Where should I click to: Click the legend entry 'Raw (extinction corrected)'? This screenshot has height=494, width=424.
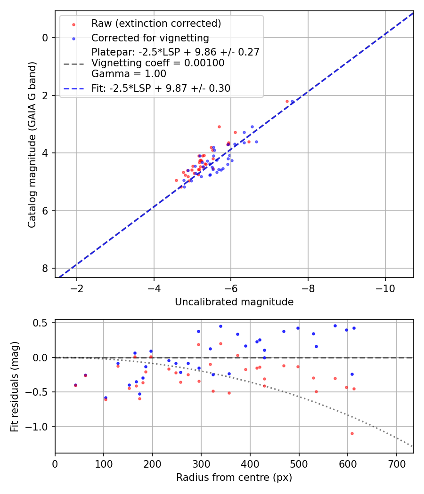pyautogui.click(x=156, y=24)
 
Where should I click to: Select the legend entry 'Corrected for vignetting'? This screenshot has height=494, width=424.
pyautogui.click(x=150, y=38)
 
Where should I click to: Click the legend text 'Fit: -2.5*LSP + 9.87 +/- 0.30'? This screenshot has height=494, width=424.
pyautogui.click(x=161, y=88)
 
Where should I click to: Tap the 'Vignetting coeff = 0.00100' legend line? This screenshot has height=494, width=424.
pyautogui.click(x=158, y=63)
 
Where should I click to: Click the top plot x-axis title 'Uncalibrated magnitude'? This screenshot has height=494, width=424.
pyautogui.click(x=234, y=302)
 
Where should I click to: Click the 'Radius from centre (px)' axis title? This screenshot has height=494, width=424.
pyautogui.click(x=234, y=478)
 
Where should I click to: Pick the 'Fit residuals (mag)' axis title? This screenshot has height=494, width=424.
pyautogui.click(x=15, y=386)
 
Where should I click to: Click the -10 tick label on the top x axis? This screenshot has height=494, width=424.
pyautogui.click(x=385, y=288)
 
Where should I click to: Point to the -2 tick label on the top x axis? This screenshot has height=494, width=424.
pyautogui.click(x=77, y=288)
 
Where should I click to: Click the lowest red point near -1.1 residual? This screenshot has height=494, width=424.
pyautogui.click(x=352, y=433)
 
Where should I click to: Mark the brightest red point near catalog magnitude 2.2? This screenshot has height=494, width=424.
pyautogui.click(x=287, y=101)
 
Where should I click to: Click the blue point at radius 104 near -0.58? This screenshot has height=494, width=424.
pyautogui.click(x=106, y=398)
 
